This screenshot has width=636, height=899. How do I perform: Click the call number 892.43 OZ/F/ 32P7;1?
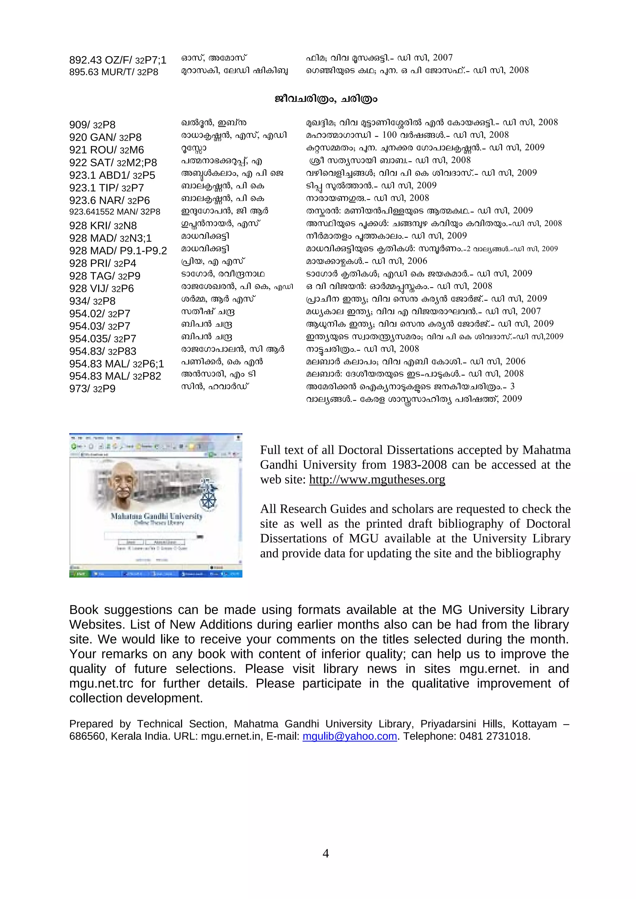point(117,60)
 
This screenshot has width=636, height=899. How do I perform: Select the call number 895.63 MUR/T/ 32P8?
point(114,72)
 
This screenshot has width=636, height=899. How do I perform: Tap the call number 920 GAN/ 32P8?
point(105,138)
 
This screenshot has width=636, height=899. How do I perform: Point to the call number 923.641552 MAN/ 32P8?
point(114,212)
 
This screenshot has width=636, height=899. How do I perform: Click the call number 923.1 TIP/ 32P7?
point(106,188)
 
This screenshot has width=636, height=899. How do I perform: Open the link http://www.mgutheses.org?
point(377,479)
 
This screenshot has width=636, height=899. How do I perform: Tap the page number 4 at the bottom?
point(325,853)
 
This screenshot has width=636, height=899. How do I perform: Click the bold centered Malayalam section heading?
point(325,99)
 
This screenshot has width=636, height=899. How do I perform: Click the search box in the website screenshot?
point(150,535)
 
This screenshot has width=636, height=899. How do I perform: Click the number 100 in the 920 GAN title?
point(389,135)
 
